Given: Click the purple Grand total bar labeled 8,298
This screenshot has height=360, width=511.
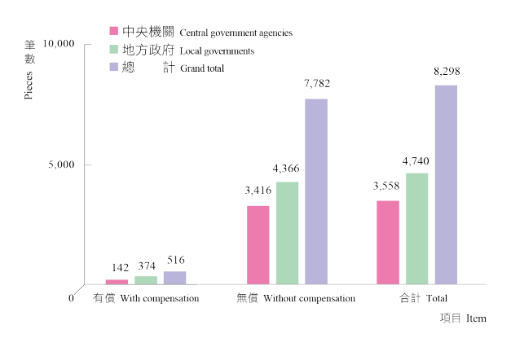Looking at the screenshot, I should click(446, 185).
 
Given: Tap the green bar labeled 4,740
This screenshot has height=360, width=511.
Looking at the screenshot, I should click(416, 229).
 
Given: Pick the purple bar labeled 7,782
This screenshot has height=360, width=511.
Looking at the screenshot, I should click(315, 191).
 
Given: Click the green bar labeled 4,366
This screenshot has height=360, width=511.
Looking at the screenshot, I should click(287, 233).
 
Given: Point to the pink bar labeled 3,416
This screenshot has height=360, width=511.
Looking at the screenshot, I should click(258, 245).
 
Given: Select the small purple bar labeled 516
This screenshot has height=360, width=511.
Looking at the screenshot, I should click(174, 278).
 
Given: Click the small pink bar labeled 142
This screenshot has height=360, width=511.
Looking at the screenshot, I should click(117, 282).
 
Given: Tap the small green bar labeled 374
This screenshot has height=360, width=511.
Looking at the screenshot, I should click(146, 280).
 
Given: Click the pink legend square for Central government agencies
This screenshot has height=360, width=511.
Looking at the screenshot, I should click(115, 31).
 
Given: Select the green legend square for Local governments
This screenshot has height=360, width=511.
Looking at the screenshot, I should click(115, 49).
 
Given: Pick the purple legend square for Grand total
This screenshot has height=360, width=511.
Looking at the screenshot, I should click(115, 68).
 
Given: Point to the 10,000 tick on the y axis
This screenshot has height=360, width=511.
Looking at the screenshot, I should click(59, 42).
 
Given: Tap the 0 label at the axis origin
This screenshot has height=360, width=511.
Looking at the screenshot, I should click(71, 298).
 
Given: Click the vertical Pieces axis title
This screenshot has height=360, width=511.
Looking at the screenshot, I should click(29, 83).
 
